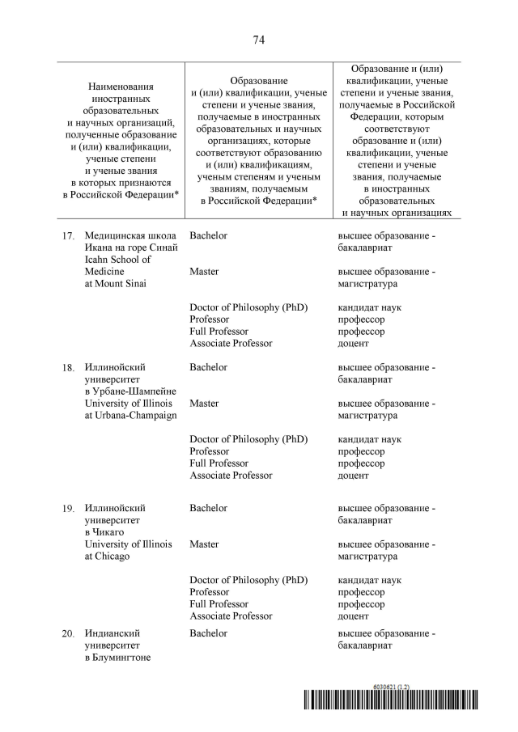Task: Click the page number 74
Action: (x=259, y=40)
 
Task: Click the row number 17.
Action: (x=69, y=236)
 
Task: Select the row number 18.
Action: (x=69, y=368)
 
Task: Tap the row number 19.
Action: (x=69, y=509)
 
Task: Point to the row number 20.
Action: (x=69, y=634)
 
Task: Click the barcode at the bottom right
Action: (x=391, y=700)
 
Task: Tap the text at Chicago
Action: (x=107, y=556)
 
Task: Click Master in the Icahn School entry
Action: (x=204, y=272)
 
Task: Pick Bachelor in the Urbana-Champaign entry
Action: (x=208, y=367)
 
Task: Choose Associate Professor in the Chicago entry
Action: (x=231, y=616)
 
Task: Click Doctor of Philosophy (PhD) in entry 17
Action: (x=248, y=307)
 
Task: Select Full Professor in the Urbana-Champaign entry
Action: (x=219, y=463)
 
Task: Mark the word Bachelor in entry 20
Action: (x=208, y=633)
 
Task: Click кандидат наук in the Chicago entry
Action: (x=369, y=580)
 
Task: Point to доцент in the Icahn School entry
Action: (x=353, y=344)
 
